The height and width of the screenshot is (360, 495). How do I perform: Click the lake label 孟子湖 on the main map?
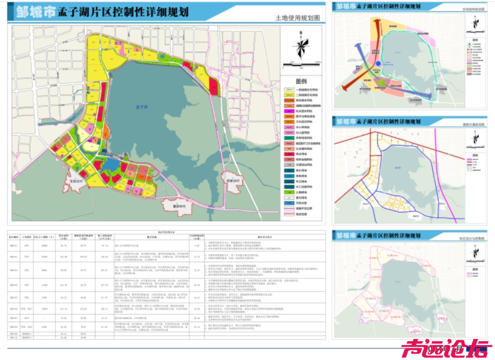tap(140, 107)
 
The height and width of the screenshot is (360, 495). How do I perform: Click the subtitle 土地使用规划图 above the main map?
tap(297, 18)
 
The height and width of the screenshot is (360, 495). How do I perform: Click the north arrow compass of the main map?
tap(301, 45)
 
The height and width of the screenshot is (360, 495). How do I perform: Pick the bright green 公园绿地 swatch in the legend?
tap(289, 193)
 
